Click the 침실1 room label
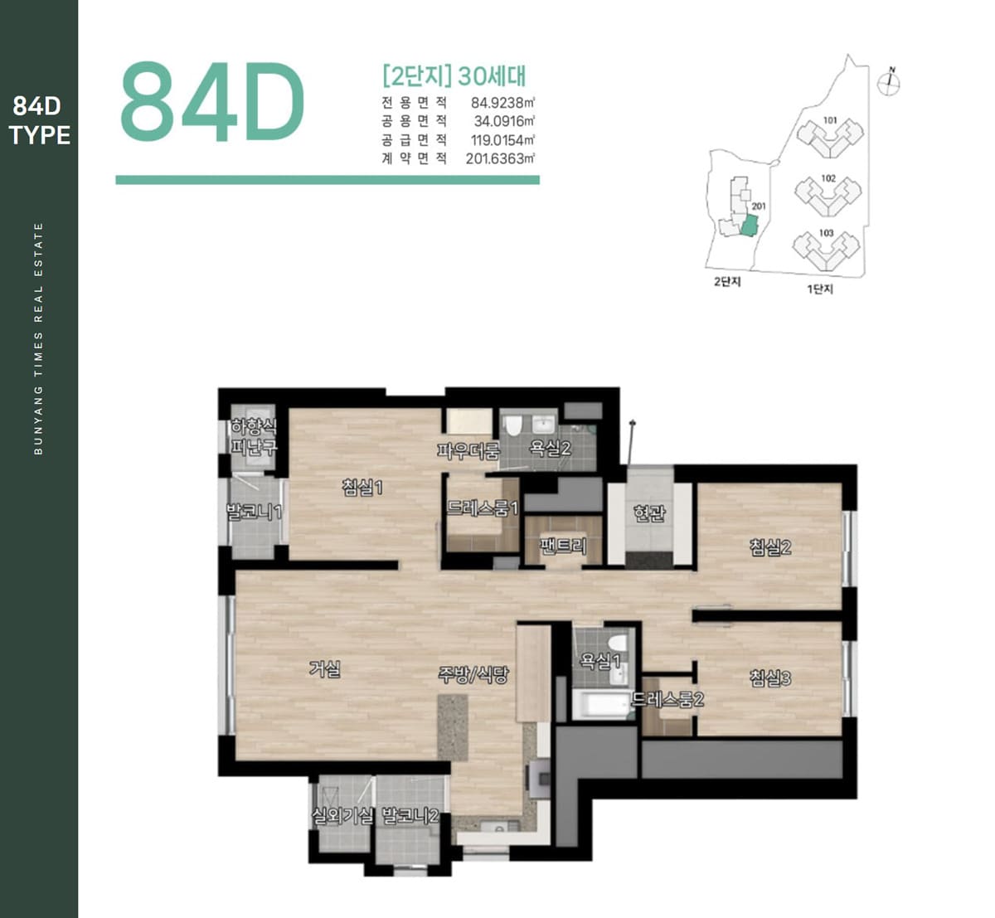coord(362,487)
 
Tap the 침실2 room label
coord(770,546)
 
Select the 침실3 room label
coord(770,678)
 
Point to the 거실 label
coord(325,668)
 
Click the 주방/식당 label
coord(473,675)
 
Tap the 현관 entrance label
coord(649,512)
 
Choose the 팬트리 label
coord(563,545)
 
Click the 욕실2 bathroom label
coord(550,448)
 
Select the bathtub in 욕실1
coord(600,704)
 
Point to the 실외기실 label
coord(342,816)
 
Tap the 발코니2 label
coord(410,816)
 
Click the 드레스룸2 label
coord(667,699)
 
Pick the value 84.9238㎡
coord(502,103)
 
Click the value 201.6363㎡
coord(500,158)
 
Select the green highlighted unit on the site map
coord(749,226)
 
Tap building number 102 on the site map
coord(828,178)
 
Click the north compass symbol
coord(890,83)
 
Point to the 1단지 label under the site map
coord(820,289)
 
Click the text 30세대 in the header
coord(492,76)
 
